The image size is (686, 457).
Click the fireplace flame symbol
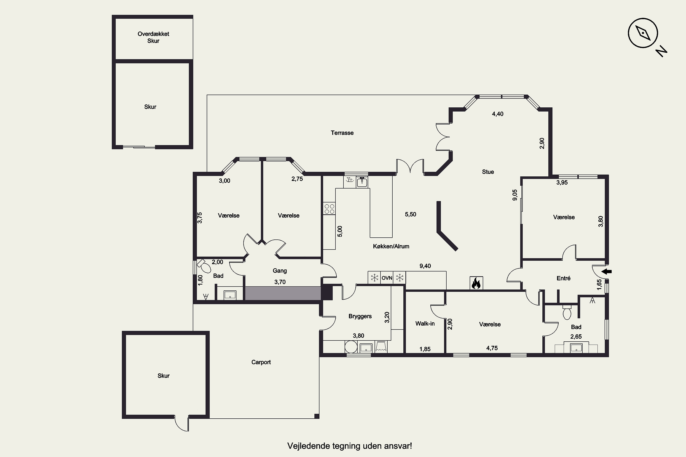476,283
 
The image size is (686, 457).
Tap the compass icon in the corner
643,33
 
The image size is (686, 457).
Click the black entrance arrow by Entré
607,272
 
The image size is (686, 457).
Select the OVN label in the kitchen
387,278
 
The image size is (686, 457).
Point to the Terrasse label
342,133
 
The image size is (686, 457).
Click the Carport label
261,362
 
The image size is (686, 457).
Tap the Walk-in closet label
425,324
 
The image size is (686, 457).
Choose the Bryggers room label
360,316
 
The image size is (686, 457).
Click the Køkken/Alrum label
391,246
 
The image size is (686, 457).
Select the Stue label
488,172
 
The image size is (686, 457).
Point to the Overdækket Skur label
153,37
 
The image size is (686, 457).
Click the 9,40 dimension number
425,266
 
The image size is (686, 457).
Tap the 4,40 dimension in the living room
498,114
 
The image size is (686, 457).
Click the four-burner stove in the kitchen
329,209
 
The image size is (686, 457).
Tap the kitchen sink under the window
362,182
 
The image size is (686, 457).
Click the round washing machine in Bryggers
351,347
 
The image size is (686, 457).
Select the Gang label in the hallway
280,271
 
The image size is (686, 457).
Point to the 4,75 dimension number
492,348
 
